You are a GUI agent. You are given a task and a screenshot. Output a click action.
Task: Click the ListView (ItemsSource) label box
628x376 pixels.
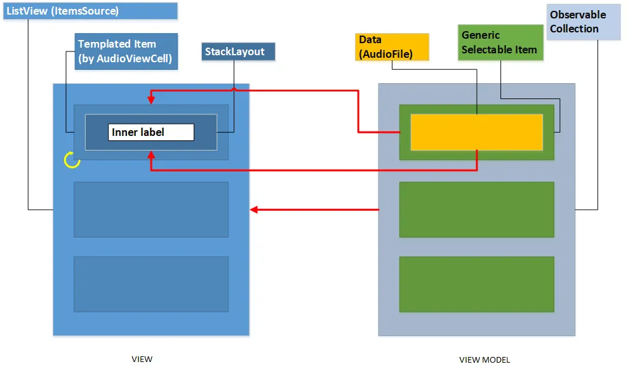coord(90,11)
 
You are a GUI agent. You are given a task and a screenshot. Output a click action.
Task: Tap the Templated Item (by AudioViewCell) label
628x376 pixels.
coord(126,51)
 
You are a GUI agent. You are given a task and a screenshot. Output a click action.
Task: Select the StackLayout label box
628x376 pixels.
coord(238,51)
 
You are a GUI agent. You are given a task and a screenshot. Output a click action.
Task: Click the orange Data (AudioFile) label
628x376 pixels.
coord(391,47)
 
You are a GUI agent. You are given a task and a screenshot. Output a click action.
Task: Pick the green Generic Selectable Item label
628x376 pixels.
coord(500,43)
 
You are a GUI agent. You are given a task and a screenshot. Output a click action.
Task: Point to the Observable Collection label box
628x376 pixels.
coord(583,22)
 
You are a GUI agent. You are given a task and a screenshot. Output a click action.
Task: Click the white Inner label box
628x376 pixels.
coord(151,132)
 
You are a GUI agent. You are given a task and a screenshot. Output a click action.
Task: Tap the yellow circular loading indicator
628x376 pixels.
coord(72,160)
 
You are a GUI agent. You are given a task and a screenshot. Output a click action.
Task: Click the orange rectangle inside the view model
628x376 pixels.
coord(476,132)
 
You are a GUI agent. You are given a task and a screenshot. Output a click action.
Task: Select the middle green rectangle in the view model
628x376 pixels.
coord(476,210)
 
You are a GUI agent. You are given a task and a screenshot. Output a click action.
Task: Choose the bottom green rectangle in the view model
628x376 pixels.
coord(476,284)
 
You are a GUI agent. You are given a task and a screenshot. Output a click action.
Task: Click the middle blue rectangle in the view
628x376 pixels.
coord(151,210)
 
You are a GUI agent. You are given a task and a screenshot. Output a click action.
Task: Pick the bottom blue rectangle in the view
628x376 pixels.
coord(151,284)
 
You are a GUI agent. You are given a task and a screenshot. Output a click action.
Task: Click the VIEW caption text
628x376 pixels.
coord(142,359)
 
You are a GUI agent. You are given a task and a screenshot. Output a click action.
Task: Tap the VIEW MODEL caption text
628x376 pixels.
coord(484,359)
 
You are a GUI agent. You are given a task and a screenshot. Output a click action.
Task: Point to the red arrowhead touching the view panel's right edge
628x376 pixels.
coord(254,209)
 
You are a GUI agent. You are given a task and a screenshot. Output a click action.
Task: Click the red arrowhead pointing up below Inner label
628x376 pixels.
coord(150,154)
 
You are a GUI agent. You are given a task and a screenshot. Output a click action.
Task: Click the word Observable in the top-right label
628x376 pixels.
coord(578,15)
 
